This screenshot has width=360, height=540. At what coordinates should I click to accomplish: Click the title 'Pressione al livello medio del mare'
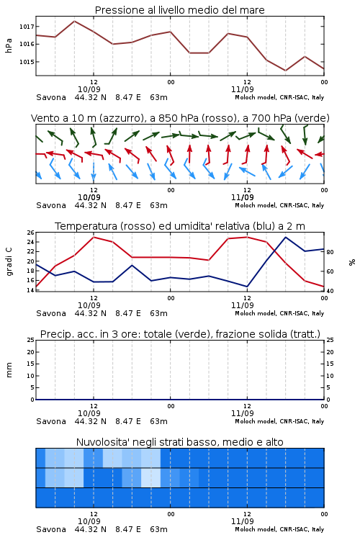tap(179, 10)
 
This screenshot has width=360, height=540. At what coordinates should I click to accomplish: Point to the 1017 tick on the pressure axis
tap(27, 27)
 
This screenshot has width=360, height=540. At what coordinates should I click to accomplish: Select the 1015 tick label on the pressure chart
tap(27, 62)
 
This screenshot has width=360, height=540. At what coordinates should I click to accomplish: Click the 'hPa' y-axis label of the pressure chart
tap(9, 45)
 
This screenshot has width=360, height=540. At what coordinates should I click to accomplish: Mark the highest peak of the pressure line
tap(74, 21)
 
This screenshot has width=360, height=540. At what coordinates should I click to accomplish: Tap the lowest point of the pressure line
tap(285, 71)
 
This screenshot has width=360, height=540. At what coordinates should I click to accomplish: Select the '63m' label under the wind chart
tap(158, 205)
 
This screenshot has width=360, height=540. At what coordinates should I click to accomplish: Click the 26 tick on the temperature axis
tap(31, 233)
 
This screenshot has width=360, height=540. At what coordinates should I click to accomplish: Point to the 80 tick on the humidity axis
tap(330, 252)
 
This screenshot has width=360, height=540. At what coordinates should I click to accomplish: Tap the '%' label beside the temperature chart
tap(352, 262)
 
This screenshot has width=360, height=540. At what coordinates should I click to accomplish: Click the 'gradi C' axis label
tap(9, 261)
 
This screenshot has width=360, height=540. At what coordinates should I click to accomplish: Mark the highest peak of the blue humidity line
tap(285, 237)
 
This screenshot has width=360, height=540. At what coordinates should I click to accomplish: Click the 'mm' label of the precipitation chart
tap(9, 370)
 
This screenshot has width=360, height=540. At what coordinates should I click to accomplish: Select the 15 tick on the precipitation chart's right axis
tap(330, 364)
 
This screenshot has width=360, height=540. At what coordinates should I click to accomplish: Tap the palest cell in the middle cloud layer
tap(151, 477)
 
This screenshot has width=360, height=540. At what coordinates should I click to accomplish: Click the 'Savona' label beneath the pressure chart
tap(51, 97)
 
